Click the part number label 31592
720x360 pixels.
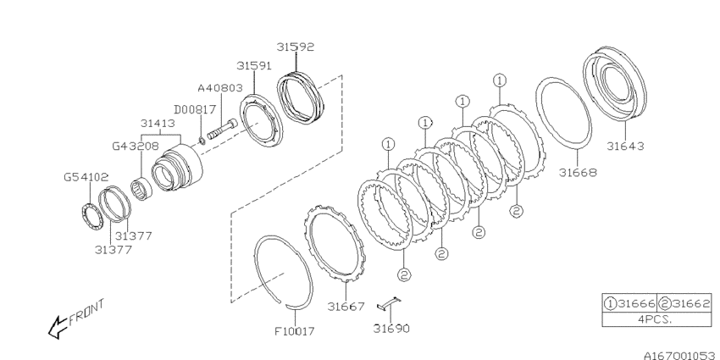(296, 47)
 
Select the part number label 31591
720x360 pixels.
(255, 66)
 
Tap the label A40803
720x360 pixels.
(220, 88)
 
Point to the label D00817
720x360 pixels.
(195, 110)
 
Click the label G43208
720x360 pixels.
(136, 147)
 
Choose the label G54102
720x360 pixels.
(86, 177)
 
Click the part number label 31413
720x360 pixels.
(158, 124)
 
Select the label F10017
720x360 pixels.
(295, 331)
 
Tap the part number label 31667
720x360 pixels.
(346, 307)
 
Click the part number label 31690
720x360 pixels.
(391, 329)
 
